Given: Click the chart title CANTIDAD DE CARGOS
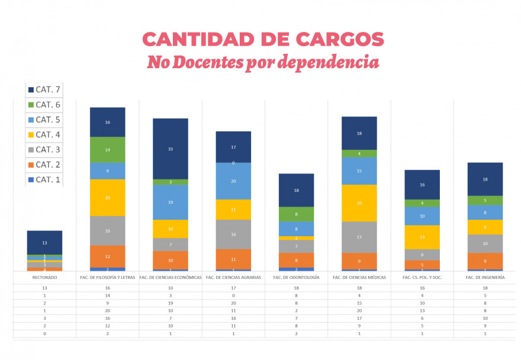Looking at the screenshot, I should pyautogui.click(x=263, y=40).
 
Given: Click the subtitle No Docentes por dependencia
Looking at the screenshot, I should pyautogui.click(x=263, y=62).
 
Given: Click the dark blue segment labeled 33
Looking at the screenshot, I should pyautogui.click(x=171, y=149).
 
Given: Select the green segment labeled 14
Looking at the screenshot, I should pyautogui.click(x=108, y=150).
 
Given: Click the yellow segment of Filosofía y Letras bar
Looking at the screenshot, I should pyautogui.click(x=108, y=198).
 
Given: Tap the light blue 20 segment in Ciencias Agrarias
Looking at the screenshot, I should pyautogui.click(x=233, y=181).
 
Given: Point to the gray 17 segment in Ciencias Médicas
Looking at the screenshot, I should pyautogui.click(x=359, y=237).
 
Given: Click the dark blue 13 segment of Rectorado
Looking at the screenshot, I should pyautogui.click(x=44, y=243).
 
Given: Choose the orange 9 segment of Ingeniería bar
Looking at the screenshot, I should pyautogui.click(x=485, y=261).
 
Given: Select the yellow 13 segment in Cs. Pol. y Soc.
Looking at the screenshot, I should pyautogui.click(x=422, y=237).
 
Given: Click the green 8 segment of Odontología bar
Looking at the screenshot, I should pyautogui.click(x=296, y=214).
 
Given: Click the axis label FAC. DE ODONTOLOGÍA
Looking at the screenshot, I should pyautogui.click(x=296, y=277).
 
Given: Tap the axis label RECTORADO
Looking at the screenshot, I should pyautogui.click(x=44, y=277).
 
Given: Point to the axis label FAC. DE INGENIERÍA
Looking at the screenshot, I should pyautogui.click(x=485, y=277).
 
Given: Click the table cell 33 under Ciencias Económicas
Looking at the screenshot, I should pyautogui.click(x=171, y=288).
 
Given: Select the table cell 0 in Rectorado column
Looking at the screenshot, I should pyautogui.click(x=44, y=334).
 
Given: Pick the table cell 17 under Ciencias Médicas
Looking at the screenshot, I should pyautogui.click(x=359, y=319).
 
